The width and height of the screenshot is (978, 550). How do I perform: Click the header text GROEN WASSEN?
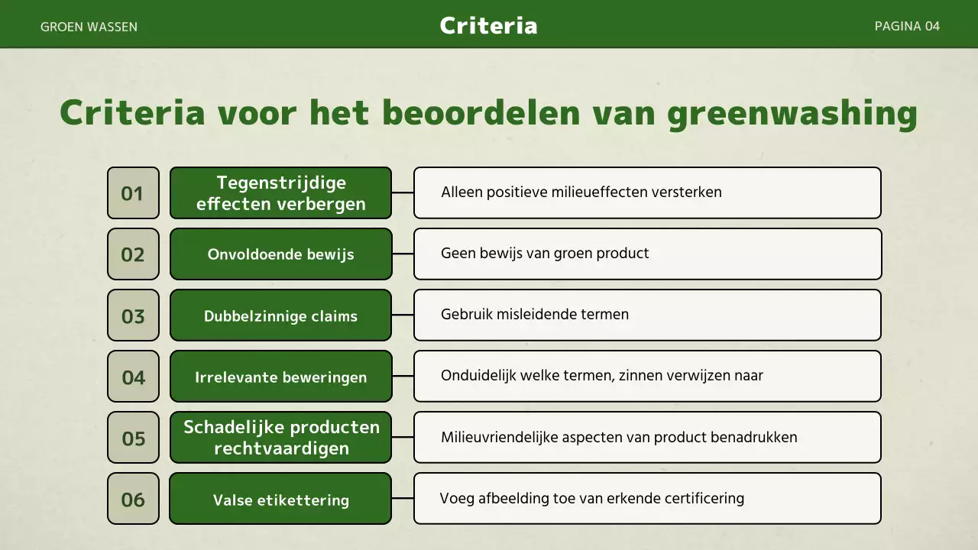click(x=89, y=27)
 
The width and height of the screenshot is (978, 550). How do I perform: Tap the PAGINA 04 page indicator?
click(x=907, y=26)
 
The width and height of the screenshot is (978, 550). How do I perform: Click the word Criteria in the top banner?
click(x=488, y=25)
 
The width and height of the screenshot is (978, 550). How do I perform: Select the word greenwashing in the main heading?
click(x=792, y=114)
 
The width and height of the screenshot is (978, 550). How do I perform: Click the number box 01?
click(x=133, y=193)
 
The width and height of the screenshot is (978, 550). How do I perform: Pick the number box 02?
click(x=133, y=254)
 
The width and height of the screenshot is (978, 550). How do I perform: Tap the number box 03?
click(x=133, y=315)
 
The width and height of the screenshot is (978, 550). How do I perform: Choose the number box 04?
click(x=133, y=377)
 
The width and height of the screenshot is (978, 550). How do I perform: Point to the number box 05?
click(x=133, y=438)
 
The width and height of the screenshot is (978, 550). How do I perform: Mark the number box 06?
click(x=133, y=499)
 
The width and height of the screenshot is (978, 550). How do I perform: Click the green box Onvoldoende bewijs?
click(x=280, y=254)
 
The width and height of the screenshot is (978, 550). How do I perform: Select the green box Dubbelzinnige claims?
click(x=280, y=315)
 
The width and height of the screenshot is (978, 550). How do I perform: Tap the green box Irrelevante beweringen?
click(x=280, y=377)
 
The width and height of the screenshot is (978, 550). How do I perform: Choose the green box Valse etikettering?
click(x=280, y=500)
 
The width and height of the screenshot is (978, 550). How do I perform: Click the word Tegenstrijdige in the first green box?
click(x=281, y=183)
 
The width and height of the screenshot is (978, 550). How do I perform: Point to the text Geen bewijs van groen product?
click(x=545, y=253)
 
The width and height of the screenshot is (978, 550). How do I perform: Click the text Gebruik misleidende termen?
click(x=535, y=314)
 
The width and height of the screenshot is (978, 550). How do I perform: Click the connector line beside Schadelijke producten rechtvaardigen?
click(x=403, y=438)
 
